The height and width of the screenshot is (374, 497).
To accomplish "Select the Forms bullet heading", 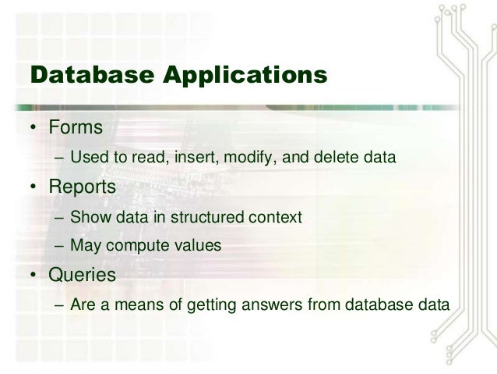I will pos(76,127).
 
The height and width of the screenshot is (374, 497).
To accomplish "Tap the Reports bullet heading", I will pos(83,187).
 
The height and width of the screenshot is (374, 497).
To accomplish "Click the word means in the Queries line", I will pos(139,305).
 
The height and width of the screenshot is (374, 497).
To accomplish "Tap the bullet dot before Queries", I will pos(34,276).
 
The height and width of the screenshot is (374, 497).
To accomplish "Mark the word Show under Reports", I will pos(86,216).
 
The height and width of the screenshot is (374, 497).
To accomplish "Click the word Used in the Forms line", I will pos(86,159).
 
